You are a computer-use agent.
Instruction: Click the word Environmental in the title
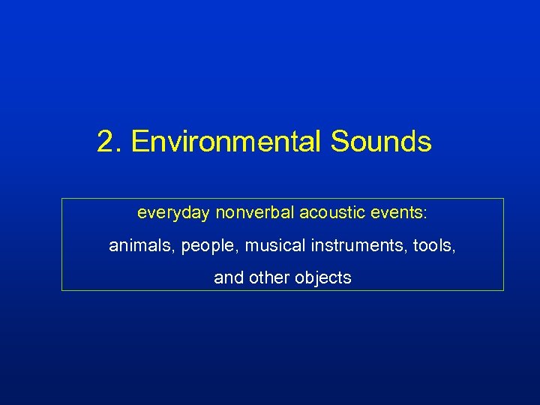point(226,141)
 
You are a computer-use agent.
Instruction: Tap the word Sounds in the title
point(381,141)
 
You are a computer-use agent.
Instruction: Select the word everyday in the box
point(173,213)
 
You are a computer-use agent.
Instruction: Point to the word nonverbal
point(254,213)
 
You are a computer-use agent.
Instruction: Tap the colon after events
point(424,214)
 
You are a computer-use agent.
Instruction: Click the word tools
point(430,245)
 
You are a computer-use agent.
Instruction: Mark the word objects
point(323,278)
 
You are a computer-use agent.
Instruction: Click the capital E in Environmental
point(139,141)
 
